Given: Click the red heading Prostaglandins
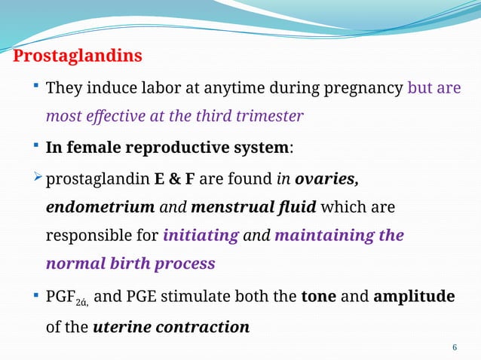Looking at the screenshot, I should click(78, 56).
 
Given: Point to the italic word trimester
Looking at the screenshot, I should click(269, 117).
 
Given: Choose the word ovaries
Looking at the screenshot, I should click(326, 179).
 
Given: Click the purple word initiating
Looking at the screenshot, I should click(201, 236).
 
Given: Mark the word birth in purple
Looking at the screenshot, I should click(127, 264).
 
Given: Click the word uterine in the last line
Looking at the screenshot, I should click(122, 328).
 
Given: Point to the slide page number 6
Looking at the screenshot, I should click(454, 347).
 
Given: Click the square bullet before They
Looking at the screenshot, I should click(37, 87).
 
